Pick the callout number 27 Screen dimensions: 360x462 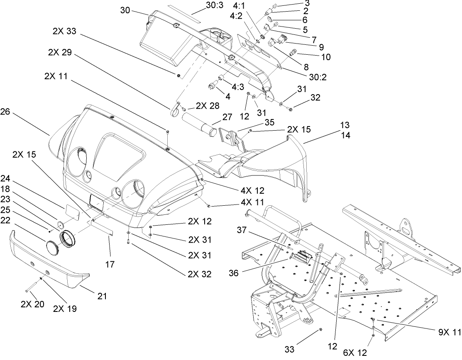point(216,117)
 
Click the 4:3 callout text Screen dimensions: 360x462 point(238,87)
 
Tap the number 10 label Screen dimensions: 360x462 point(326,57)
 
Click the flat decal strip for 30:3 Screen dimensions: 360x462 point(185,14)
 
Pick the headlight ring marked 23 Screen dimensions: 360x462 point(67,241)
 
